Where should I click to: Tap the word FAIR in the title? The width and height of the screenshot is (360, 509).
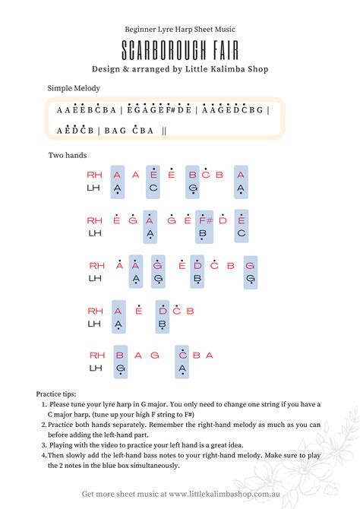pyautogui.click(x=221, y=51)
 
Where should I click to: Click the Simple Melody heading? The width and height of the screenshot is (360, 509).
pyautogui.click(x=74, y=89)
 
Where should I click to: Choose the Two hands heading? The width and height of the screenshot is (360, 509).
pyautogui.click(x=68, y=155)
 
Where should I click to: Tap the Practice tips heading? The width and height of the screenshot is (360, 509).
pyautogui.click(x=56, y=394)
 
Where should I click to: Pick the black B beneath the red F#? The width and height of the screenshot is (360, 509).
pyautogui.click(x=203, y=234)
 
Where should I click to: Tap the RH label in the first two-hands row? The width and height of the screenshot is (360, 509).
pyautogui.click(x=94, y=175)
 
